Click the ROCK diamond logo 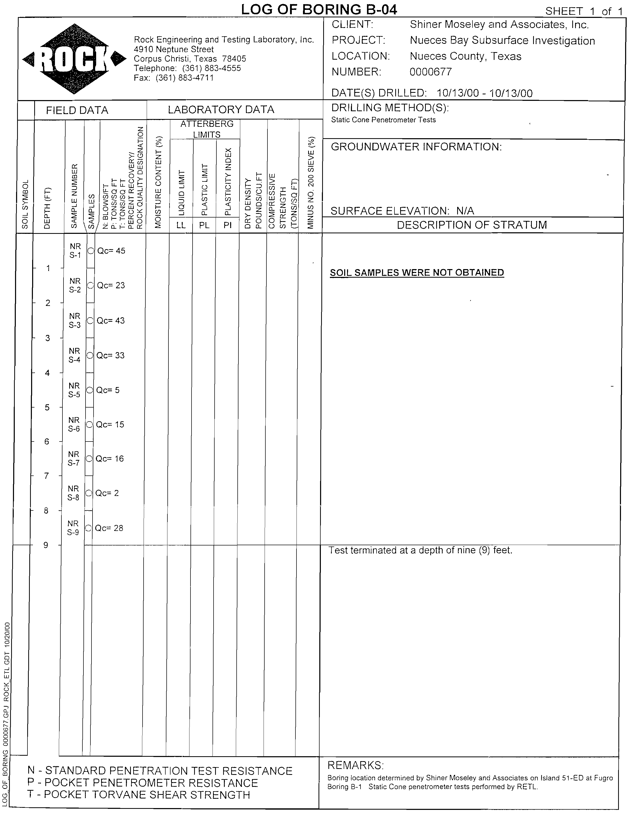click(x=74, y=59)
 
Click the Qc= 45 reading click(x=111, y=251)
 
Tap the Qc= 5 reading click(x=108, y=390)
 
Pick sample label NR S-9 click(x=73, y=528)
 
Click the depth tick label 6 click(x=47, y=442)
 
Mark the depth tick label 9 click(x=46, y=545)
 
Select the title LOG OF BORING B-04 click(x=319, y=9)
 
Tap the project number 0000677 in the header click(x=430, y=72)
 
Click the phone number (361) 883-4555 click(x=211, y=68)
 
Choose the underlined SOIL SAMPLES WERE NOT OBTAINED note click(x=417, y=273)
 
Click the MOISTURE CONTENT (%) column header click(x=159, y=183)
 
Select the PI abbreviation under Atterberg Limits click(x=228, y=225)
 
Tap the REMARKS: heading click(x=355, y=765)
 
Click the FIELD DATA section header click(x=77, y=110)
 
